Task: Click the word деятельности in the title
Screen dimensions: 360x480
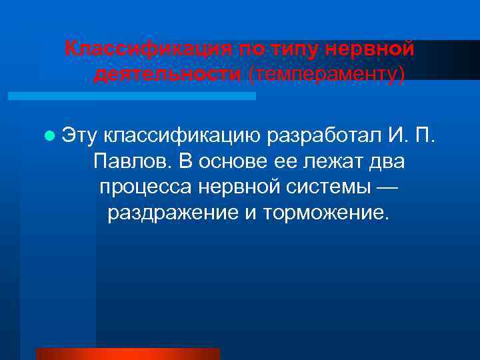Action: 167,74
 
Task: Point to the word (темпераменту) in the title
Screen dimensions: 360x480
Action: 326,74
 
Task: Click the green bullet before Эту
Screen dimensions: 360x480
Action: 48,136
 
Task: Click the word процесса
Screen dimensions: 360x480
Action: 145,188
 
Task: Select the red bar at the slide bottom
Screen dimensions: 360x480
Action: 127,354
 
